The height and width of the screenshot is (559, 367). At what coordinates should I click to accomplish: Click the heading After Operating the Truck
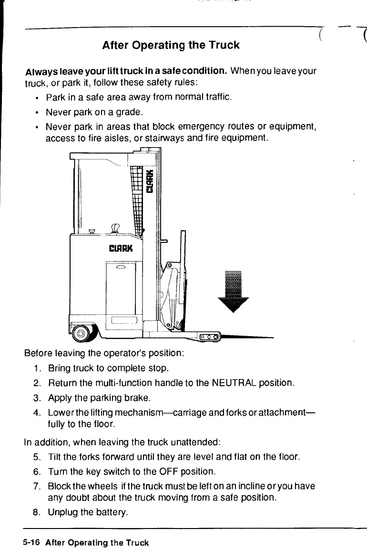tap(171, 45)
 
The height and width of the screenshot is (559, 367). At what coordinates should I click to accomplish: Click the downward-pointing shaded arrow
tap(233, 291)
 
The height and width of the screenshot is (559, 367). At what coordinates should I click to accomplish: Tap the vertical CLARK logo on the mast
tap(150, 181)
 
